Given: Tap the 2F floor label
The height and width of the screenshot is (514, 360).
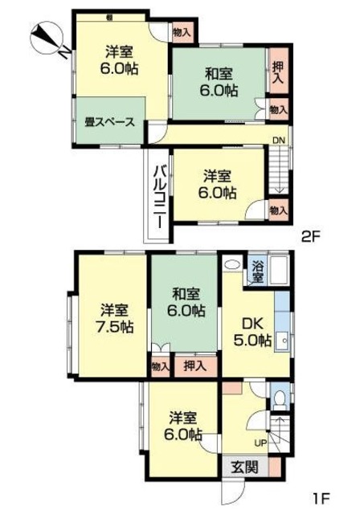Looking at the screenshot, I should tap(312, 236).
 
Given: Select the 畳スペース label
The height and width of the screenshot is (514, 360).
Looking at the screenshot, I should tap(109, 122).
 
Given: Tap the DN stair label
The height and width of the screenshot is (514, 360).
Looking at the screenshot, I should tap(278, 141).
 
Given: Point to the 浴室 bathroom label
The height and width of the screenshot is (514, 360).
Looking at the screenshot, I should tap(257, 271).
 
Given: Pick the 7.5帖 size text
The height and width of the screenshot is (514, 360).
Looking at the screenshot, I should tap(112, 327).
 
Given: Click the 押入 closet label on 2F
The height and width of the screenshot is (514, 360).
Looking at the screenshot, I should tap(278, 73).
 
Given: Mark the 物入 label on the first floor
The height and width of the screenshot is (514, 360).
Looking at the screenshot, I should tap(160, 366).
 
